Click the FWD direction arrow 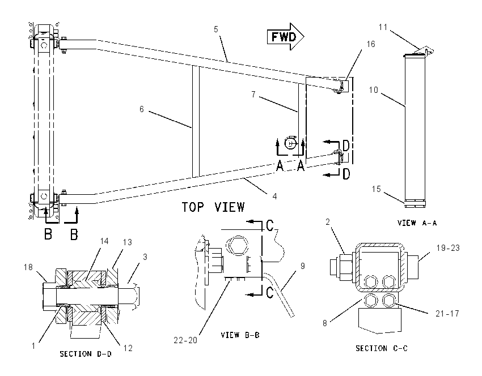tap(286, 37)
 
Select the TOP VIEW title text tap(213, 207)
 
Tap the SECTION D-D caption tap(86, 354)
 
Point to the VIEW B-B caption tap(240, 335)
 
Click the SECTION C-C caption tap(382, 348)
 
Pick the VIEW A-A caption tap(417, 223)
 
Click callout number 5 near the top tap(216, 29)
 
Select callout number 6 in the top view tap(141, 109)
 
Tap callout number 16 tap(371, 44)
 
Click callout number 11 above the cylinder tap(383, 27)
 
